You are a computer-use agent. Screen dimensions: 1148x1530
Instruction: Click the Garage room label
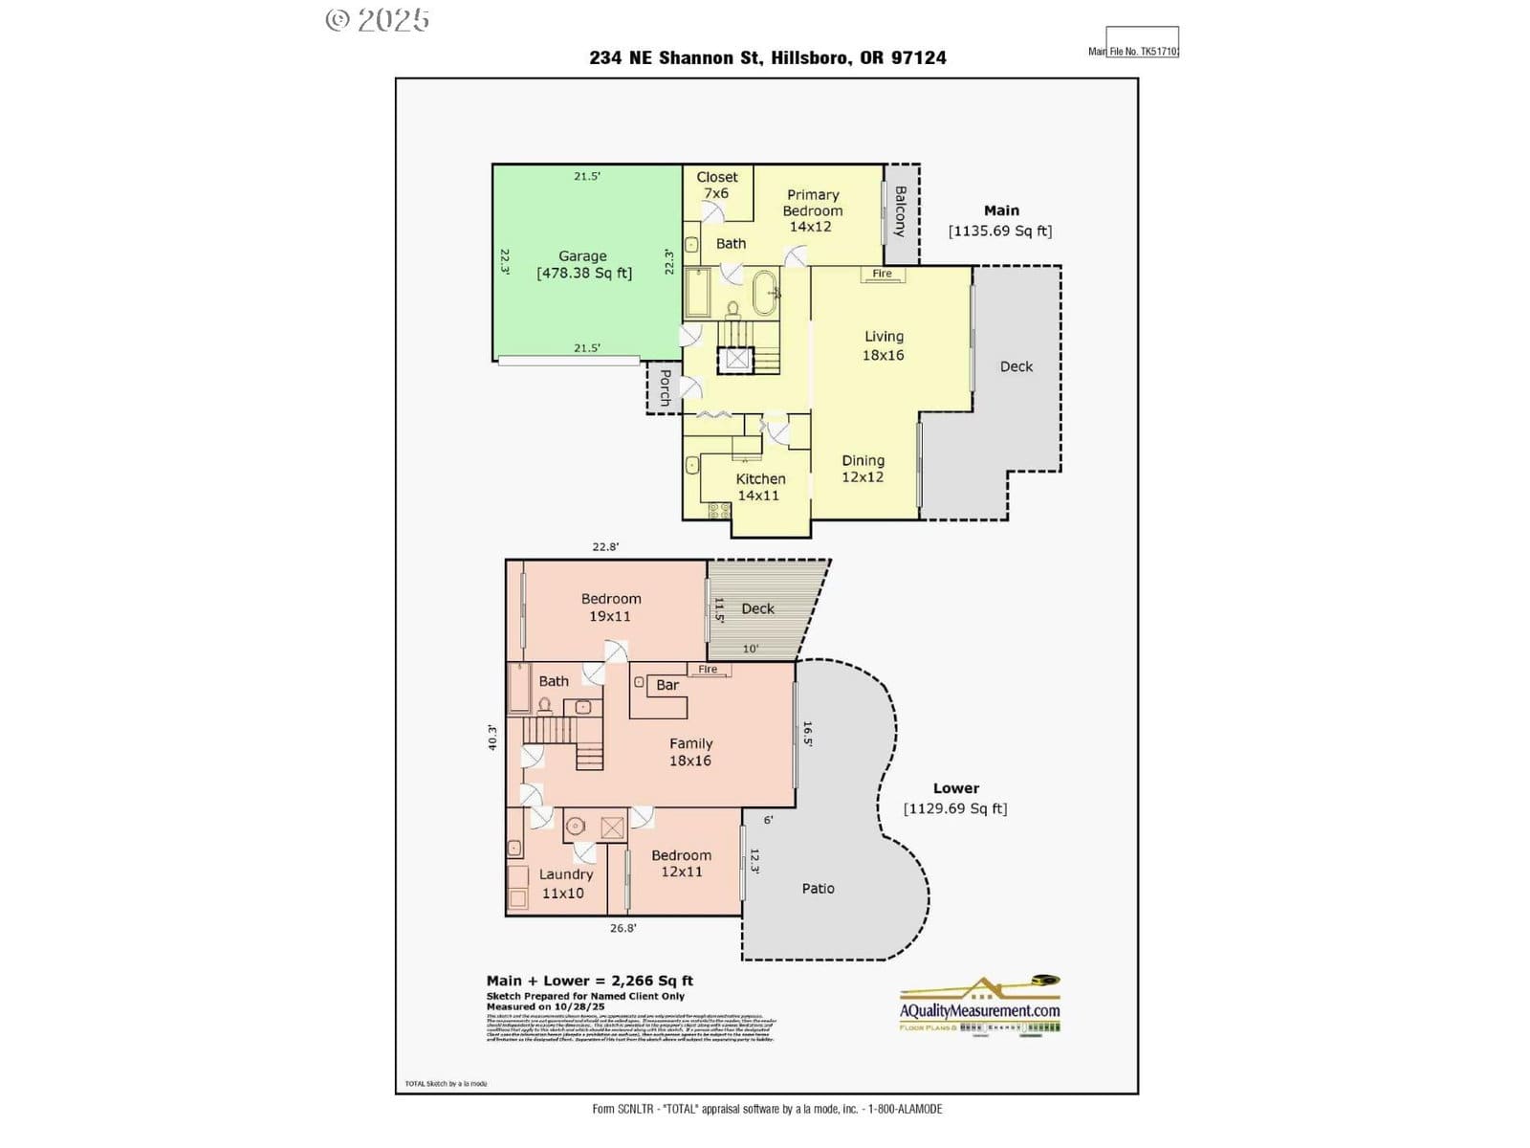[x=583, y=264]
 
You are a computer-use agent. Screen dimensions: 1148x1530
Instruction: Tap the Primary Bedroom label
[x=812, y=210]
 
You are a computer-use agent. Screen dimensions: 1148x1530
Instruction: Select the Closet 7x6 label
[x=716, y=185]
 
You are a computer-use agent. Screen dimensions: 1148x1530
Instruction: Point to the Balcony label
[x=900, y=211]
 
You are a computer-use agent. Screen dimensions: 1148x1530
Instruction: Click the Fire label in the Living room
[x=882, y=274]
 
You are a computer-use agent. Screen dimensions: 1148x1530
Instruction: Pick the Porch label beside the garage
[x=665, y=387]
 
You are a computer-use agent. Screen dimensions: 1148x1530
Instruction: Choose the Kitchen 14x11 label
[x=759, y=487]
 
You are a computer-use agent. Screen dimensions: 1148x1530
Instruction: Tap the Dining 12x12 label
[x=863, y=469]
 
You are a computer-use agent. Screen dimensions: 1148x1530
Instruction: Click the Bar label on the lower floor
[x=667, y=685]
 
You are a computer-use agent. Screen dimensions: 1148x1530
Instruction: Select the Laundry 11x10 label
[x=565, y=883]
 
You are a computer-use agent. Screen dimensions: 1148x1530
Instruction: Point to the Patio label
[x=818, y=889]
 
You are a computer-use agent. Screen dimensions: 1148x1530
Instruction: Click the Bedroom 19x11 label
[x=611, y=607]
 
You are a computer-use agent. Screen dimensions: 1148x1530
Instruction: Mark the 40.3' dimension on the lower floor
[x=492, y=737]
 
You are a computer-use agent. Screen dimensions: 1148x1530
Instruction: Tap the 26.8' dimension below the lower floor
[x=623, y=928]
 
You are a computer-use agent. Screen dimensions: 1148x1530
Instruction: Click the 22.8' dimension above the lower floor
[x=605, y=547]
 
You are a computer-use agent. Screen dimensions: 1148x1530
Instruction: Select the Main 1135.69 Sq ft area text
[x=1000, y=221]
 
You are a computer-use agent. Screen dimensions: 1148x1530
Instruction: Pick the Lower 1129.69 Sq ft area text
[x=955, y=799]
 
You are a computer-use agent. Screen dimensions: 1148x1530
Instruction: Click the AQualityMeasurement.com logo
[x=979, y=1004]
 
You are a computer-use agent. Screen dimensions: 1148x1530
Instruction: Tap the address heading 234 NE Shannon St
[x=768, y=57]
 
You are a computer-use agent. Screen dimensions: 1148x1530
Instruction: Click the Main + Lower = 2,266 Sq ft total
[x=589, y=981]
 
